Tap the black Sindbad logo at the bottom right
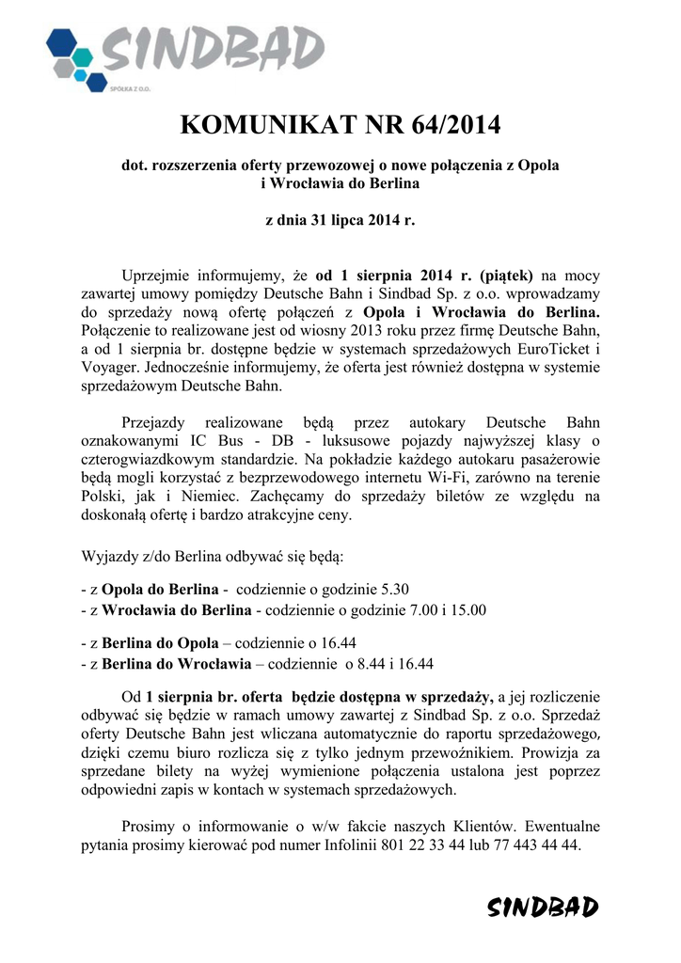pos(543,907)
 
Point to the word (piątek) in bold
pos(506,276)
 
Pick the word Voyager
pos(108,368)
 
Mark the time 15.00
pos(467,610)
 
